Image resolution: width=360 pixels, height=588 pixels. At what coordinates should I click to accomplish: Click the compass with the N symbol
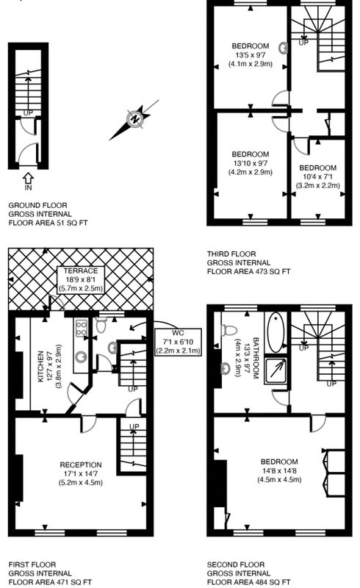134,120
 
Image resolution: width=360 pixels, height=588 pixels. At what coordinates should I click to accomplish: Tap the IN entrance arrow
28,178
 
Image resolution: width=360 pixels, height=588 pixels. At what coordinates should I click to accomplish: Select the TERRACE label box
81,280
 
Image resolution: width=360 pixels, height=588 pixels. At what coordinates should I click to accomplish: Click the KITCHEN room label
41,366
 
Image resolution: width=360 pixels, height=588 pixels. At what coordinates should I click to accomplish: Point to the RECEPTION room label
81,465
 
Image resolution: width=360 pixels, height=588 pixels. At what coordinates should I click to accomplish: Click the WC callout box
178,342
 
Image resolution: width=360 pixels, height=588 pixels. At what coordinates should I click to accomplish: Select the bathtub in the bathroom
276,332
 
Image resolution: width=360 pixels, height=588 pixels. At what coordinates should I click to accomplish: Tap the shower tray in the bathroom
276,371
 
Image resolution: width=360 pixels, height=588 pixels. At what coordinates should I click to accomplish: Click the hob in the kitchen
82,328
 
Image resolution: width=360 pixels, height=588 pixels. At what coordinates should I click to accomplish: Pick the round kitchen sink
81,356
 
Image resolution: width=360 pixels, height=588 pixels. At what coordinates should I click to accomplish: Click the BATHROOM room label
256,358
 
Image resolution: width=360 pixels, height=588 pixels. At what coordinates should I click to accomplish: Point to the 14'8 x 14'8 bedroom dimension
279,470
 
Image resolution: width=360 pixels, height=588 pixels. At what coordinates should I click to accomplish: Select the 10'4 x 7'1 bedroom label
317,176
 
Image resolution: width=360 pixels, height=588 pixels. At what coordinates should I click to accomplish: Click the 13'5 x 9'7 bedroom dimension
251,54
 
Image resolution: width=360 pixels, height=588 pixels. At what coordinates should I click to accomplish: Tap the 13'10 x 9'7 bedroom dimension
250,163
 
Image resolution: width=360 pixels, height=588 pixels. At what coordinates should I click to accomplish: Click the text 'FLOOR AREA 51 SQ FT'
48,223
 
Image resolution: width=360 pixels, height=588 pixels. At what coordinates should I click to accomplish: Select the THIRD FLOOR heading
231,254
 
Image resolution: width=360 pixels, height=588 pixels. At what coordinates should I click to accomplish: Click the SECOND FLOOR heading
236,564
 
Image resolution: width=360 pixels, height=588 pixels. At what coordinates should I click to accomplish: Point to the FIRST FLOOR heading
32,564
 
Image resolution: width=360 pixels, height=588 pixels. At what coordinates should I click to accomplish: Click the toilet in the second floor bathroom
229,330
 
